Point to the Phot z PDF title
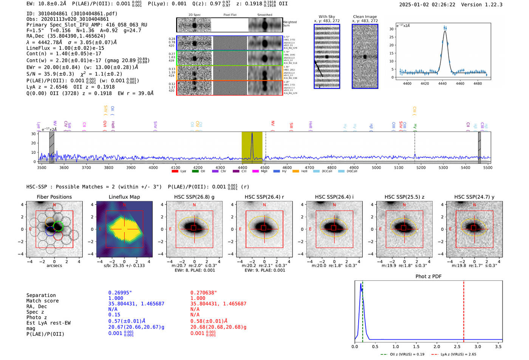point(428,277)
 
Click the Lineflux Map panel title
point(124,197)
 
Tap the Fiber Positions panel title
point(54,197)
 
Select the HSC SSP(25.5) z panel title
point(404,197)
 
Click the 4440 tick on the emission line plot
point(442,83)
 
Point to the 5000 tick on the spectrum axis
point(376,168)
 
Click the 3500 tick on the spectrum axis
point(42,168)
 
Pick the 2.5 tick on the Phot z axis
point(457,346)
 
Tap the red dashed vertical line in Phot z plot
point(464,310)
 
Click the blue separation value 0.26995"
point(120,293)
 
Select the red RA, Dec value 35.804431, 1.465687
point(218,304)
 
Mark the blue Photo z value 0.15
point(114,315)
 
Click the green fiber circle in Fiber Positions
point(58,226)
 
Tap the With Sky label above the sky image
point(326,17)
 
